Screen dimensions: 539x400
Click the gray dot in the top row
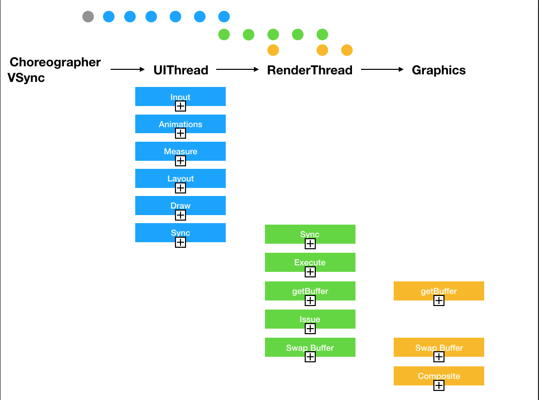tap(88, 17)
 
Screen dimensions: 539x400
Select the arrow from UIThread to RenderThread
tap(237, 69)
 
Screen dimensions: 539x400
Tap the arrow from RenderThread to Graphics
tap(382, 69)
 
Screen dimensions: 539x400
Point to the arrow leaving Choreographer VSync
tap(128, 69)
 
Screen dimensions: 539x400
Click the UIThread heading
tap(181, 70)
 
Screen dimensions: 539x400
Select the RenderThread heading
tap(310, 70)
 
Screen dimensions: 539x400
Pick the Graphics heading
tap(438, 70)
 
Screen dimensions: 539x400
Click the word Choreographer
tap(55, 62)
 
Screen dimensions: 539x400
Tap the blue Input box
tap(181, 96)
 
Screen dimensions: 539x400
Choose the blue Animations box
tap(181, 124)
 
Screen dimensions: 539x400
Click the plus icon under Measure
tap(181, 161)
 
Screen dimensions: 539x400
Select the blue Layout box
tap(181, 178)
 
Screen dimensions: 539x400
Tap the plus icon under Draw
tap(181, 215)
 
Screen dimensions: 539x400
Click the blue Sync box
tap(181, 233)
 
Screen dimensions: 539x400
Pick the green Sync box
tap(310, 234)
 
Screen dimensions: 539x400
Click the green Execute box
tap(310, 262)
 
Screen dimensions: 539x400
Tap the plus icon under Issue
tap(310, 329)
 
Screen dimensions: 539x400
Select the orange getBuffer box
tap(438, 291)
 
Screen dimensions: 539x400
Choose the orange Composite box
tap(438, 376)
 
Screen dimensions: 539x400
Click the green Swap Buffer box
tap(310, 347)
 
